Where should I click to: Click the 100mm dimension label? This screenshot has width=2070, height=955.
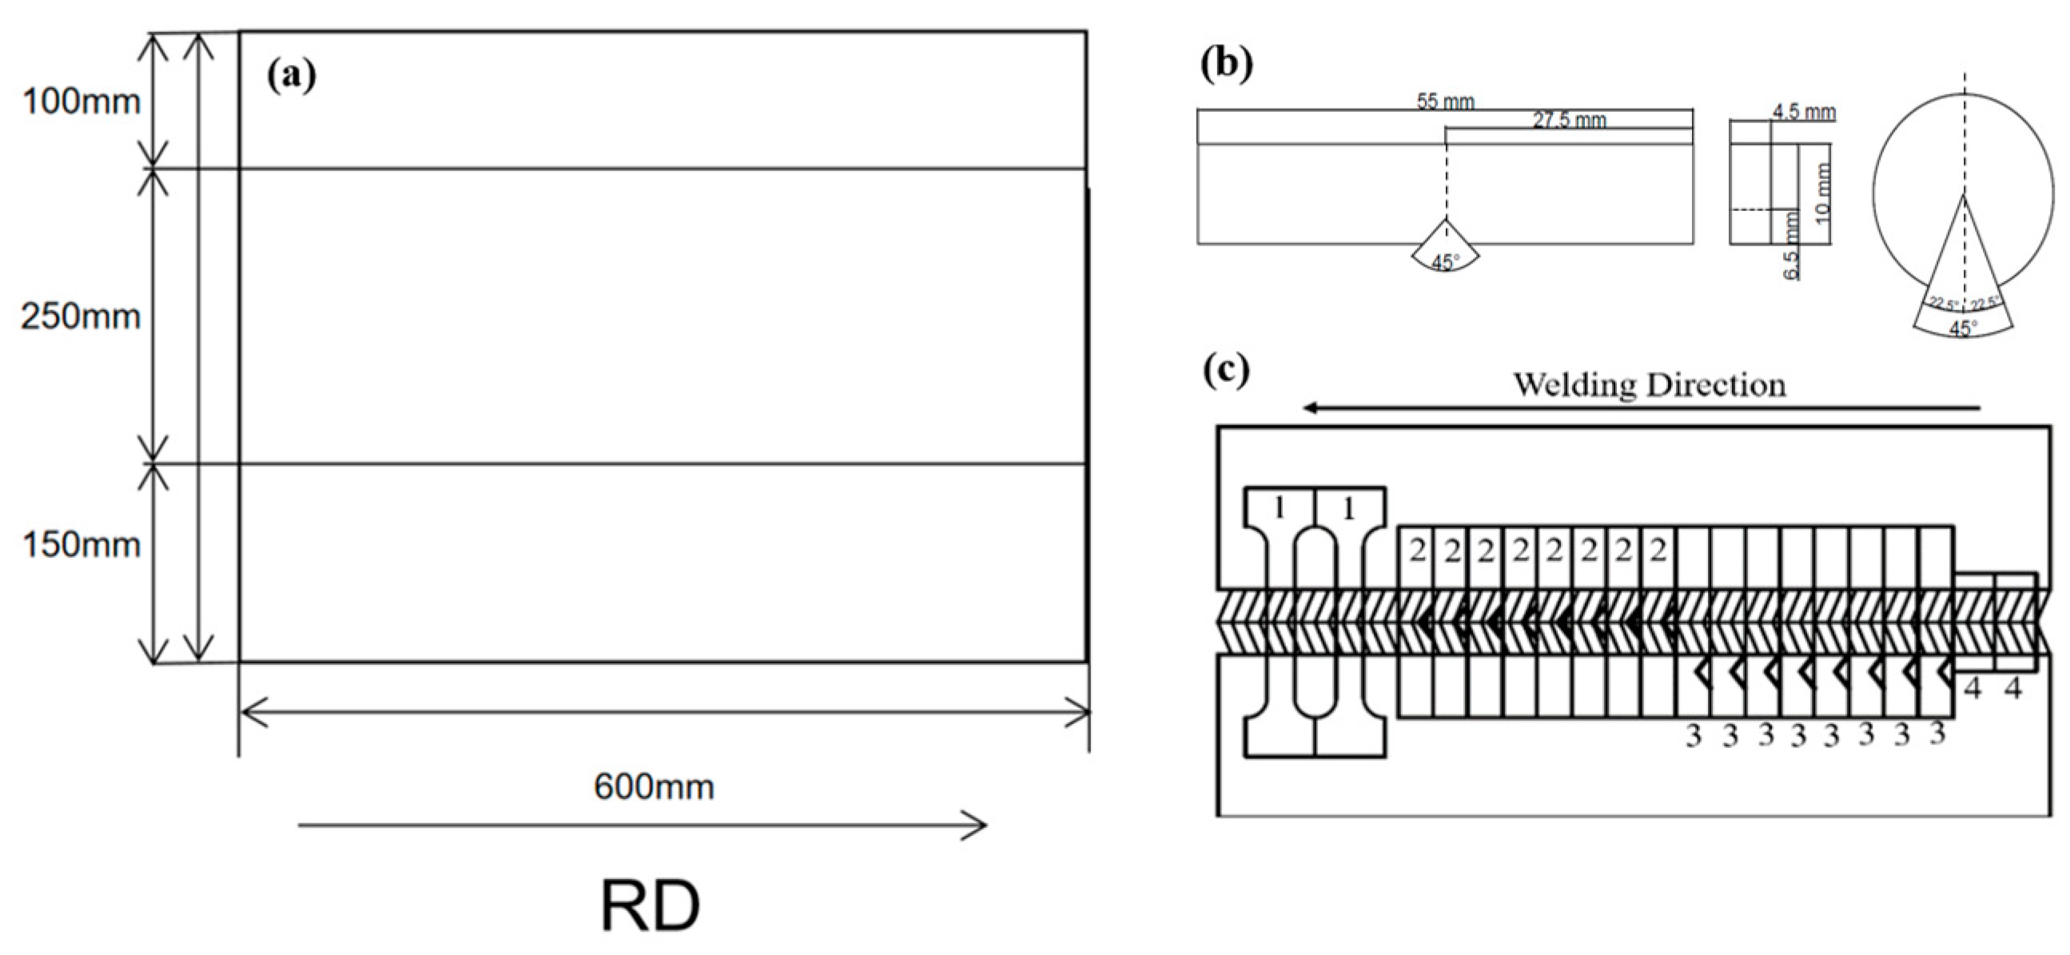81,102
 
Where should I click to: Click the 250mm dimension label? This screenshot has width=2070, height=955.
81,317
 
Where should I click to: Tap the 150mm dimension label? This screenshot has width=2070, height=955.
82,545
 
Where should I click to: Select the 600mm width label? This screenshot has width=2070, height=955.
653,786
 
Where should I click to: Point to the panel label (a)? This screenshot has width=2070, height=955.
292,74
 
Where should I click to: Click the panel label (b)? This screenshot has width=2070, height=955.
1226,64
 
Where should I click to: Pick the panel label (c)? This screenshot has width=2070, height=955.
1226,370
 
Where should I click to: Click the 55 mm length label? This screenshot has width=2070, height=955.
1446,102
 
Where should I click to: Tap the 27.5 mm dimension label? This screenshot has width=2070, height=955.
1569,121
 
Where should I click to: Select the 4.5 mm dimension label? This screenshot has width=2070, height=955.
1804,113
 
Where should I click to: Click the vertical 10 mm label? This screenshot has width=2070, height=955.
1822,192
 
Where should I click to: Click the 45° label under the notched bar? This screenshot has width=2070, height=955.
1445,263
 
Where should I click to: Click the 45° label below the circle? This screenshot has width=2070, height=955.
1963,328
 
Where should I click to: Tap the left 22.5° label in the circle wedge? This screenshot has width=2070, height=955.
1945,304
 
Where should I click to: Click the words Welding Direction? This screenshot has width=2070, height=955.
1650,384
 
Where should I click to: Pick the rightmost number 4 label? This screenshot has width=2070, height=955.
2012,688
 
